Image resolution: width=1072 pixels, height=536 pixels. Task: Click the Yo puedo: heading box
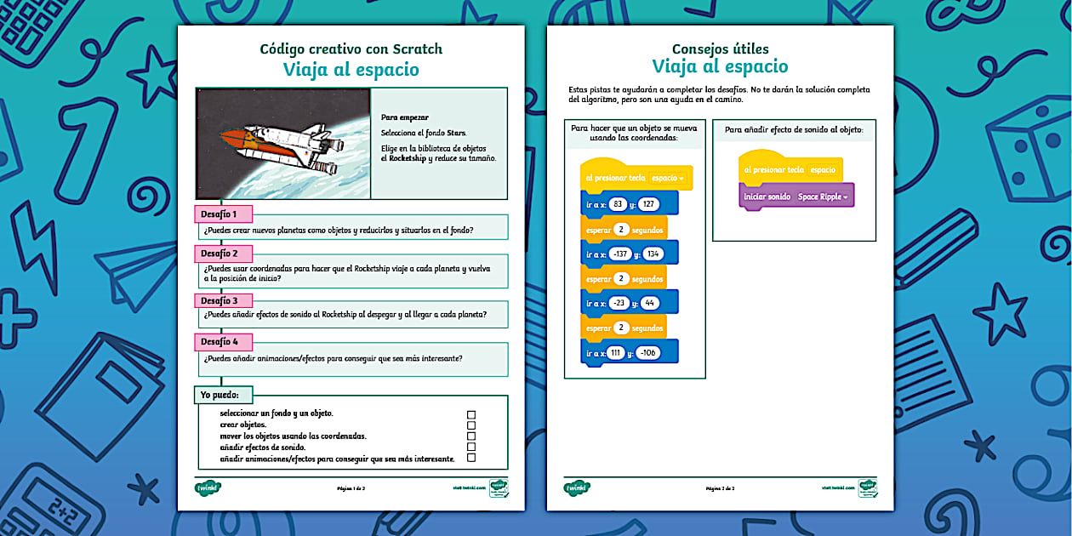[x=225, y=394]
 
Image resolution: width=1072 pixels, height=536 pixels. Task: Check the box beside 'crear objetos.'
[x=471, y=425]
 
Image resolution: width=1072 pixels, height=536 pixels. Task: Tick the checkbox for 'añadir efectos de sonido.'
[x=471, y=447]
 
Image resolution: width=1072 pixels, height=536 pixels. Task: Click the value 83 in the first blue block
[x=618, y=203]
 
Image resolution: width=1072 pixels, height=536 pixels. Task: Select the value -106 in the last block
[x=647, y=352]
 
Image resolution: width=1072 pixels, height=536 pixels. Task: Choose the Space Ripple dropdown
[x=823, y=197]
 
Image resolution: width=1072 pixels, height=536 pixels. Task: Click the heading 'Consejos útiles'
[x=720, y=48]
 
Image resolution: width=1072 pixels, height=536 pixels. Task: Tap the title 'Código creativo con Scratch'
[x=351, y=48]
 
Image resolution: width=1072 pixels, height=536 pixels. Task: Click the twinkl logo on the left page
[x=208, y=488]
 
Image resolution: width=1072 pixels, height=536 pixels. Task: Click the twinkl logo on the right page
[x=577, y=488]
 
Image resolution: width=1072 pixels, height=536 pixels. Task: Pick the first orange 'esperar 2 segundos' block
[x=624, y=229]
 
